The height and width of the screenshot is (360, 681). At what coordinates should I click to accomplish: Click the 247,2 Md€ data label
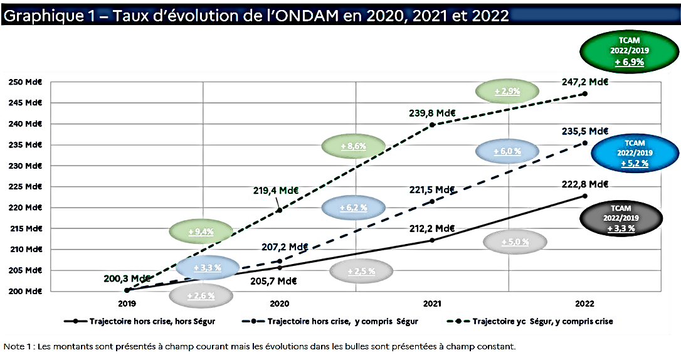586,82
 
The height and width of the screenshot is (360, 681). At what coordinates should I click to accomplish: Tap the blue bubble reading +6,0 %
507,151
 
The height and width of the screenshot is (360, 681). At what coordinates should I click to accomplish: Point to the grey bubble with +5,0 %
515,241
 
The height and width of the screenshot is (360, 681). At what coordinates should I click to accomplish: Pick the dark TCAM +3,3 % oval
621,218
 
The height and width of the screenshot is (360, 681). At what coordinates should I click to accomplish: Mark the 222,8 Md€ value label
586,184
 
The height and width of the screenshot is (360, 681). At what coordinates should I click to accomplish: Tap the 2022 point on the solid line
584,196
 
